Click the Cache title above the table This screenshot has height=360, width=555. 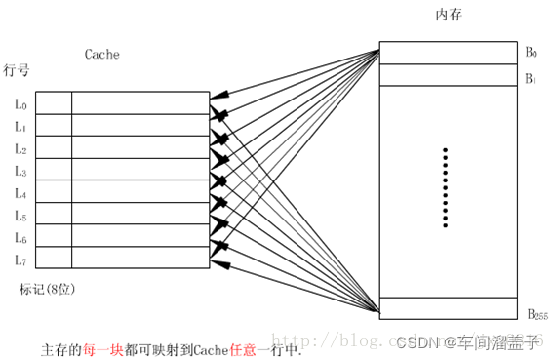pyautogui.click(x=101, y=56)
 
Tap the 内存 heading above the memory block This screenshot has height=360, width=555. pyautogui.click(x=448, y=17)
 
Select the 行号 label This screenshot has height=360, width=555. pyautogui.click(x=18, y=70)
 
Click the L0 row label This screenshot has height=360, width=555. pyautogui.click(x=21, y=103)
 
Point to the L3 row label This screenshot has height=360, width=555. pyautogui.click(x=21, y=172)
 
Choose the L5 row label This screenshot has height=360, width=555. pyautogui.click(x=21, y=216)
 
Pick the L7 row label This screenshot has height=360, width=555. pyautogui.click(x=21, y=260)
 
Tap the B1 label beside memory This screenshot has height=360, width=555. pyautogui.click(x=532, y=78)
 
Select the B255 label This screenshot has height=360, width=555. pyautogui.click(x=535, y=314)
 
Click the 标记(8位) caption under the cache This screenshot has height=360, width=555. pyautogui.click(x=48, y=289)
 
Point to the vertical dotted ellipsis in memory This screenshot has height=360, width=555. pyautogui.click(x=445, y=188)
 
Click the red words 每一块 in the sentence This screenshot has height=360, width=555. pyautogui.click(x=102, y=348)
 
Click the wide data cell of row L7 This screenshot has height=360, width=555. pyautogui.click(x=140, y=258)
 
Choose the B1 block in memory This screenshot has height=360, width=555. pyautogui.click(x=447, y=75)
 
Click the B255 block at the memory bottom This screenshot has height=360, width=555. pyautogui.click(x=447, y=306)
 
